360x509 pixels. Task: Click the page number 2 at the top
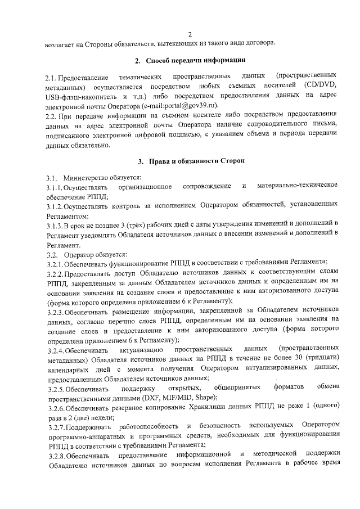(x=191, y=33)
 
